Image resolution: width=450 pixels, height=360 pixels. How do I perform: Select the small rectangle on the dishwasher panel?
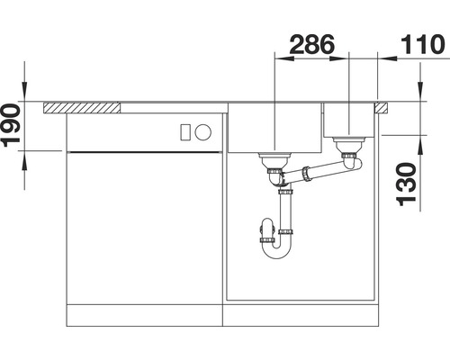185,130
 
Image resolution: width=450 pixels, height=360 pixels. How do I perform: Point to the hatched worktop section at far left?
83,108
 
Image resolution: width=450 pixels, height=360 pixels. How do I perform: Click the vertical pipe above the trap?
286,211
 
